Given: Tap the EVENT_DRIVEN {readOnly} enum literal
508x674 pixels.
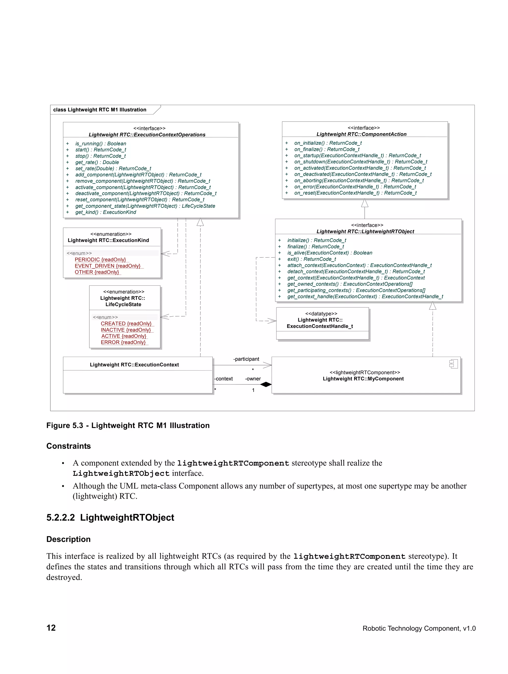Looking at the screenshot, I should pyautogui.click(x=107, y=266).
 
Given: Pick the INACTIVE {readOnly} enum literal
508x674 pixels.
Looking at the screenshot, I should pyautogui.click(x=126, y=330).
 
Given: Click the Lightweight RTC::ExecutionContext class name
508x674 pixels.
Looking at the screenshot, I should pyautogui.click(x=134, y=364).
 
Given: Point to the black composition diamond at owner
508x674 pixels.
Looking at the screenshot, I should pyautogui.click(x=266, y=384).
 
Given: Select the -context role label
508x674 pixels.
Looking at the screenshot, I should pyautogui.click(x=224, y=378).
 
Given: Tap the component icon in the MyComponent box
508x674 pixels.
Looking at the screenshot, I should pyautogui.click(x=453, y=364).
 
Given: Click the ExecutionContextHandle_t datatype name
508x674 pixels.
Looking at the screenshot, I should pyautogui.click(x=320, y=326).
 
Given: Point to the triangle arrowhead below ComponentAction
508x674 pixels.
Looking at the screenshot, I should pyautogui.click(x=365, y=203).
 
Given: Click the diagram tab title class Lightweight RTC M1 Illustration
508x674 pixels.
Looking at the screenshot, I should pyautogui.click(x=100, y=110).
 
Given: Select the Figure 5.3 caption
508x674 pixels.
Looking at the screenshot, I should pyautogui.click(x=128, y=425).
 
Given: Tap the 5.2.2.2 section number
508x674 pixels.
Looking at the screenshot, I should pyautogui.click(x=61, y=517).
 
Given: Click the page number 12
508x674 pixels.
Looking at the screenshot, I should pyautogui.click(x=51, y=628).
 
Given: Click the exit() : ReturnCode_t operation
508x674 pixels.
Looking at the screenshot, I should pyautogui.click(x=311, y=259).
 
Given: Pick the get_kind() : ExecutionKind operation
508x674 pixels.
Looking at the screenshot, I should pyautogui.click(x=106, y=212).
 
